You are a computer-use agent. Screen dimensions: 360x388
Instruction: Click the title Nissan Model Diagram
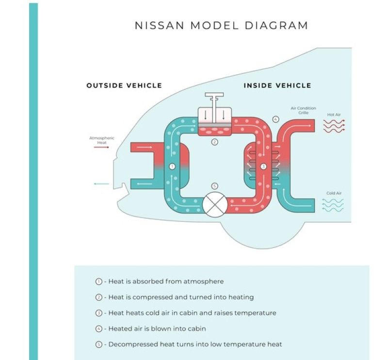click(x=221, y=25)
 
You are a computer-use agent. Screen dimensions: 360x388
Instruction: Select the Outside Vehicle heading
click(x=124, y=85)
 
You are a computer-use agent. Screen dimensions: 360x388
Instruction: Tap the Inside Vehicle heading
click(x=277, y=85)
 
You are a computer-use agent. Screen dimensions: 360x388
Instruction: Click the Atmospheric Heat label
click(x=102, y=140)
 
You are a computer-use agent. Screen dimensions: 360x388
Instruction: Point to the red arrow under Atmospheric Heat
click(x=101, y=147)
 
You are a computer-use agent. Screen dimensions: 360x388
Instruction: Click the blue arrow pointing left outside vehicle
click(x=101, y=184)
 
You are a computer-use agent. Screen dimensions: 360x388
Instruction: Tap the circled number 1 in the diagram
click(x=172, y=166)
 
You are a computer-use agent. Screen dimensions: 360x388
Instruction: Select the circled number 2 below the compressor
click(x=214, y=142)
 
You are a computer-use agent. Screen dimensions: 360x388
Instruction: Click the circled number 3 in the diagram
click(x=263, y=166)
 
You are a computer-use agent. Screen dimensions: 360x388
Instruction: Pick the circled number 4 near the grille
click(x=275, y=119)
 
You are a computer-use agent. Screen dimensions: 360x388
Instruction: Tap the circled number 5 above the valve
click(x=214, y=186)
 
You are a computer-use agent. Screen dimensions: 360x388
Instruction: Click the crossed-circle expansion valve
click(x=214, y=205)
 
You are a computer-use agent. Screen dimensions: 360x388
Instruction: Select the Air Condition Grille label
click(x=303, y=110)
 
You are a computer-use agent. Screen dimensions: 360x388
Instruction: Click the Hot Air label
click(x=334, y=115)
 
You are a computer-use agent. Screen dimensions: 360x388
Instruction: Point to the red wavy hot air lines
click(x=334, y=126)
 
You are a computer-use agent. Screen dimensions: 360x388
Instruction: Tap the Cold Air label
click(x=334, y=193)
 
